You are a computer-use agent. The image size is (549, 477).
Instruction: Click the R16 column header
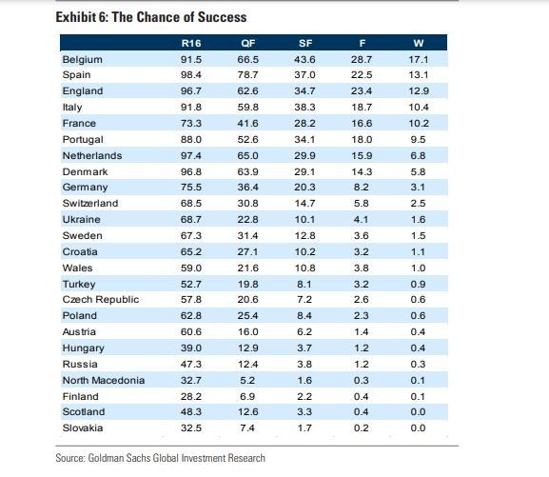coord(191,43)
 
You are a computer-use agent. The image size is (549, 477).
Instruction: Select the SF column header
coord(305,43)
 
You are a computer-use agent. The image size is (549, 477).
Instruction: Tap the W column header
coord(419,43)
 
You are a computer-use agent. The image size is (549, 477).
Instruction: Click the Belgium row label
coord(82,60)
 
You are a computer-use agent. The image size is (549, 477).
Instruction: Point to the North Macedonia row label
coord(104,380)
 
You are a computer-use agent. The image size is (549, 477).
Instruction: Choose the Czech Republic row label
coord(101,300)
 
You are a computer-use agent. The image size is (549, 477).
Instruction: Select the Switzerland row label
coord(90,204)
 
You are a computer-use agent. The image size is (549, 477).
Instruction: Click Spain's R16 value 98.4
coord(191,75)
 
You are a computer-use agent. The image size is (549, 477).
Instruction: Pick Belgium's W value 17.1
coord(419,60)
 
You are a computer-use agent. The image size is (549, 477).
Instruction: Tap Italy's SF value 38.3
coord(304,108)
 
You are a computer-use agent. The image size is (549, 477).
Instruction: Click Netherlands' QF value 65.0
coord(248,155)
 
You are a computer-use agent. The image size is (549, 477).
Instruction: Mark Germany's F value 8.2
coord(362,188)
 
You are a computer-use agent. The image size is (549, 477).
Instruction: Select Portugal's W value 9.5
coord(418,140)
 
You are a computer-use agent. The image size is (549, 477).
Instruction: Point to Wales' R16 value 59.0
coord(191,268)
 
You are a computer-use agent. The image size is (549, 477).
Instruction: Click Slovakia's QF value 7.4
coord(247,427)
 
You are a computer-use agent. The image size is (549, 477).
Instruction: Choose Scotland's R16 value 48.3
coord(191,412)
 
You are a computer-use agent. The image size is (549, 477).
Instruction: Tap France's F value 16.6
coord(362,124)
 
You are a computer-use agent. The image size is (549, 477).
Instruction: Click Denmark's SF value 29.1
coord(304,171)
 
